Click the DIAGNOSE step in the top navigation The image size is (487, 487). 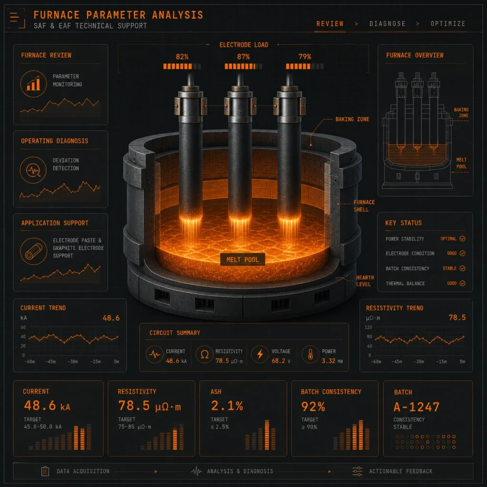pyautogui.click(x=387, y=24)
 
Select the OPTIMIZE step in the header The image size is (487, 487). pyautogui.click(x=448, y=24)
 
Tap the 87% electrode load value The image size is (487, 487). pyautogui.click(x=243, y=57)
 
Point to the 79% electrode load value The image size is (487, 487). pyautogui.click(x=304, y=57)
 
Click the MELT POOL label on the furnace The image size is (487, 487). pyautogui.click(x=242, y=259)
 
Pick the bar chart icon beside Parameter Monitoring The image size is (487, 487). pyautogui.click(x=33, y=84)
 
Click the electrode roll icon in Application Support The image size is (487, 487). pyautogui.click(x=33, y=251)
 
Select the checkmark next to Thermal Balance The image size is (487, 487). pyautogui.click(x=462, y=283)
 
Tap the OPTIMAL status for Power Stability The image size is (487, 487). pyautogui.click(x=448, y=239)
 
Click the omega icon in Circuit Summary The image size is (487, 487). pyautogui.click(x=205, y=354)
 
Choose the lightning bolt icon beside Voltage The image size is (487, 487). pyautogui.click(x=260, y=354)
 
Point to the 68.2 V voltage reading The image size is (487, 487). pyautogui.click(x=281, y=360)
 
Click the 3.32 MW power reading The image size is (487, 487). pyautogui.click(x=332, y=360)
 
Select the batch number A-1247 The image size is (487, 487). pyautogui.click(x=416, y=407)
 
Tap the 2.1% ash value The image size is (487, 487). pyautogui.click(x=227, y=406)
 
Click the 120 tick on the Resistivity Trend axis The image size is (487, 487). pyautogui.click(x=369, y=327)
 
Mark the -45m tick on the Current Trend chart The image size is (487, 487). pyautogui.click(x=50, y=361)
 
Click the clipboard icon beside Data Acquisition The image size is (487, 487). pyautogui.click(x=45, y=471)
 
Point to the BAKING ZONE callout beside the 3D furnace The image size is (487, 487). pyautogui.click(x=352, y=119)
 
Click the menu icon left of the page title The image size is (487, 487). pyautogui.click(x=14, y=17)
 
